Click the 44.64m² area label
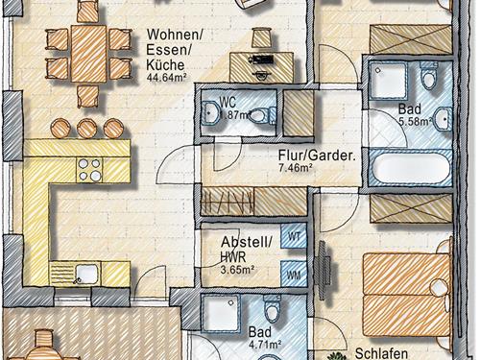166,78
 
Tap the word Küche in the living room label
165,65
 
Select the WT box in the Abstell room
294,236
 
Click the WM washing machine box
294,275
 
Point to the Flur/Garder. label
317,156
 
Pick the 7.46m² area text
295,168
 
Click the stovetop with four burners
89,170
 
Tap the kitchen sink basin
86,273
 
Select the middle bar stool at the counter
86,129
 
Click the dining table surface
88,54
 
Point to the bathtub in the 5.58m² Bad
410,168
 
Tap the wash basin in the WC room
210,112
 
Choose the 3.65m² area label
237,270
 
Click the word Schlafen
381,353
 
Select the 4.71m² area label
265,345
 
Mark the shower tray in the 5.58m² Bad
388,80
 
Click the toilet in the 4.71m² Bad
272,308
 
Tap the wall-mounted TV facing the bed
323,263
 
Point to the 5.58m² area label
416,122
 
